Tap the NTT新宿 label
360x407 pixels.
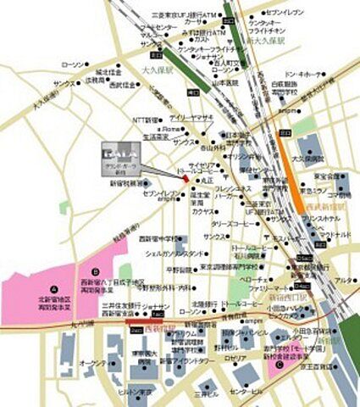(147, 120)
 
